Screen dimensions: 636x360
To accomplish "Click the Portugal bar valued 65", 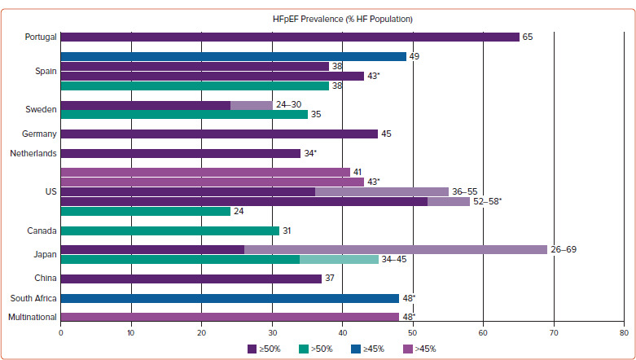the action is point(290,37).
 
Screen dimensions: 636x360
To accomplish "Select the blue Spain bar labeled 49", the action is point(234,56).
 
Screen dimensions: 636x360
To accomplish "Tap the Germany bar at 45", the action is point(219,134).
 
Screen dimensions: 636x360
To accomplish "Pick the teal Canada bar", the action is point(170,230).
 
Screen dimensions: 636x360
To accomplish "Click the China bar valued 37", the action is point(191,279).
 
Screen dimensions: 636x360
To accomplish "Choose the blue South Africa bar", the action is point(230,298).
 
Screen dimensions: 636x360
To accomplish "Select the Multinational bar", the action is point(230,317).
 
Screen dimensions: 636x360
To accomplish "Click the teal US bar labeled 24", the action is point(146,211).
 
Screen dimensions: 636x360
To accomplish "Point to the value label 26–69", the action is point(564,249).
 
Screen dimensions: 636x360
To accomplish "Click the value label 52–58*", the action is point(487,201).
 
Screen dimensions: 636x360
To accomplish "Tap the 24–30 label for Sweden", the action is point(289,105).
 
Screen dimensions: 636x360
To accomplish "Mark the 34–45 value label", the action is point(394,259).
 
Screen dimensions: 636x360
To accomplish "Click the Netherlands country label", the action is point(33,153).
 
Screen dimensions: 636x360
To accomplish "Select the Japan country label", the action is point(45,254).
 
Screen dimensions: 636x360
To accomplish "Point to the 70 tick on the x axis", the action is point(554,333).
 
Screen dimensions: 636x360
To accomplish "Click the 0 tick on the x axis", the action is point(61,333).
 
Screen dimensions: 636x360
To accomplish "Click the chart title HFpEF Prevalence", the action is point(343,19).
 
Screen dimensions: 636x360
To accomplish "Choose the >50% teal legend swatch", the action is point(304,349).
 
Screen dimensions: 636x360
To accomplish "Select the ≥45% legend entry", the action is point(367,349).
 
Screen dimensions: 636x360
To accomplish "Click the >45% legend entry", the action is point(419,349).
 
